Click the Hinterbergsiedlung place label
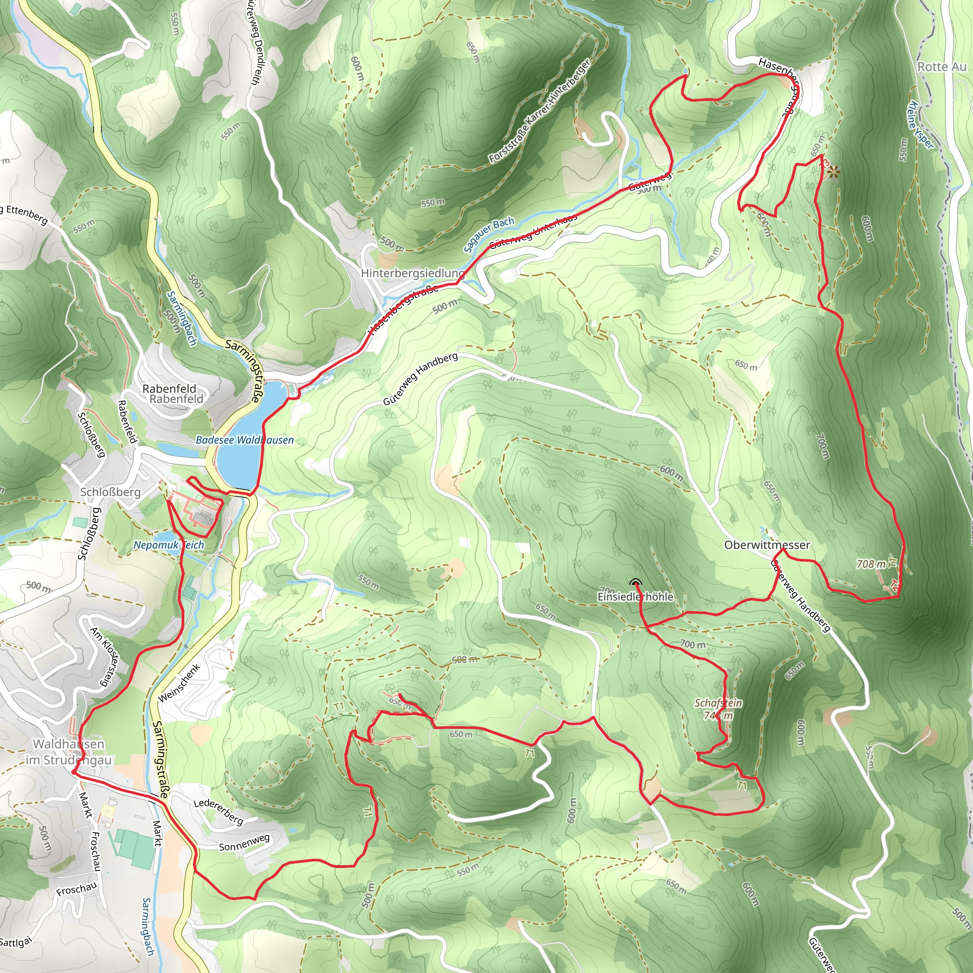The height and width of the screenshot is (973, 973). pyautogui.click(x=412, y=273)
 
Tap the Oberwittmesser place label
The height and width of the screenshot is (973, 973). pyautogui.click(x=767, y=545)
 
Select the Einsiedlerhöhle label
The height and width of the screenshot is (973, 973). pyautogui.click(x=635, y=597)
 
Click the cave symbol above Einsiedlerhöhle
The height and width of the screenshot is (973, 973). pyautogui.click(x=636, y=583)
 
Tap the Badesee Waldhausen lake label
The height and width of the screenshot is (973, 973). pyautogui.click(x=244, y=440)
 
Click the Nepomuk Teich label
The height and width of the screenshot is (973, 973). pyautogui.click(x=169, y=545)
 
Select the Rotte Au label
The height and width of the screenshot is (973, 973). pyautogui.click(x=942, y=67)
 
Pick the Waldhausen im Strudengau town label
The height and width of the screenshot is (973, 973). pyautogui.click(x=68, y=752)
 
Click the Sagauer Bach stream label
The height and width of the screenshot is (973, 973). pyautogui.click(x=488, y=234)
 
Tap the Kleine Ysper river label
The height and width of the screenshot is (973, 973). pyautogui.click(x=920, y=126)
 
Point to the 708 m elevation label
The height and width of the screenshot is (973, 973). pyautogui.click(x=871, y=564)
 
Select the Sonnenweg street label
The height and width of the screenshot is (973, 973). pyautogui.click(x=244, y=842)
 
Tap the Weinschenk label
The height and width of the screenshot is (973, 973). pyautogui.click(x=179, y=682)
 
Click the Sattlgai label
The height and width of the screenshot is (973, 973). pyautogui.click(x=16, y=941)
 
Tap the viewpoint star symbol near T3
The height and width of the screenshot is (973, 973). pyautogui.click(x=833, y=173)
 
